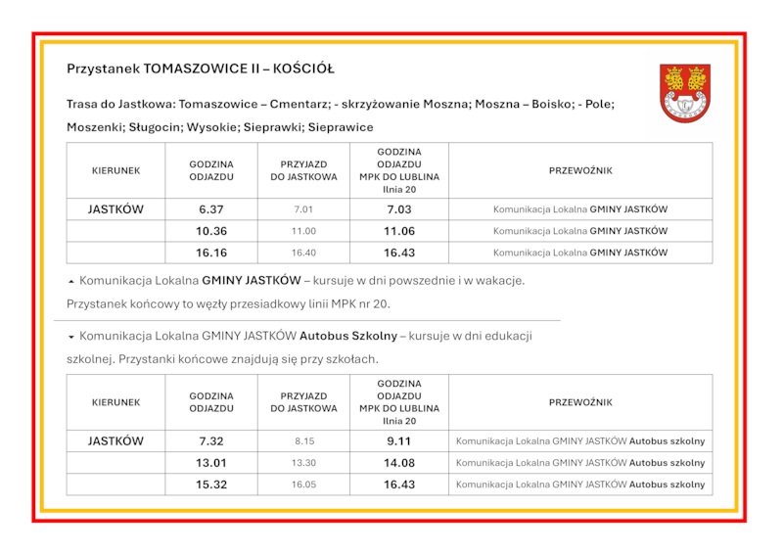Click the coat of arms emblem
[x=684, y=93]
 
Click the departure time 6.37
[x=210, y=209]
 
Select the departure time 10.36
[x=210, y=231]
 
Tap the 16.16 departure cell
[x=210, y=253]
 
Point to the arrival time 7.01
[x=303, y=209]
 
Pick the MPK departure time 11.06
[x=398, y=231]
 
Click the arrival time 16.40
[x=303, y=253]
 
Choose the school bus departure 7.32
[x=210, y=441]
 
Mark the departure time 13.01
[x=210, y=463]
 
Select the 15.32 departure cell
[x=210, y=485]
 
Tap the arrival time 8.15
[x=303, y=441]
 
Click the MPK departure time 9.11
[x=398, y=441]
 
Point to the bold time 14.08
[x=398, y=463]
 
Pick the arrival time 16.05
[x=303, y=485]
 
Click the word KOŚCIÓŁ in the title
[x=303, y=69]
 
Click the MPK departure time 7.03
[x=398, y=209]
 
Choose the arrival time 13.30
[x=303, y=463]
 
